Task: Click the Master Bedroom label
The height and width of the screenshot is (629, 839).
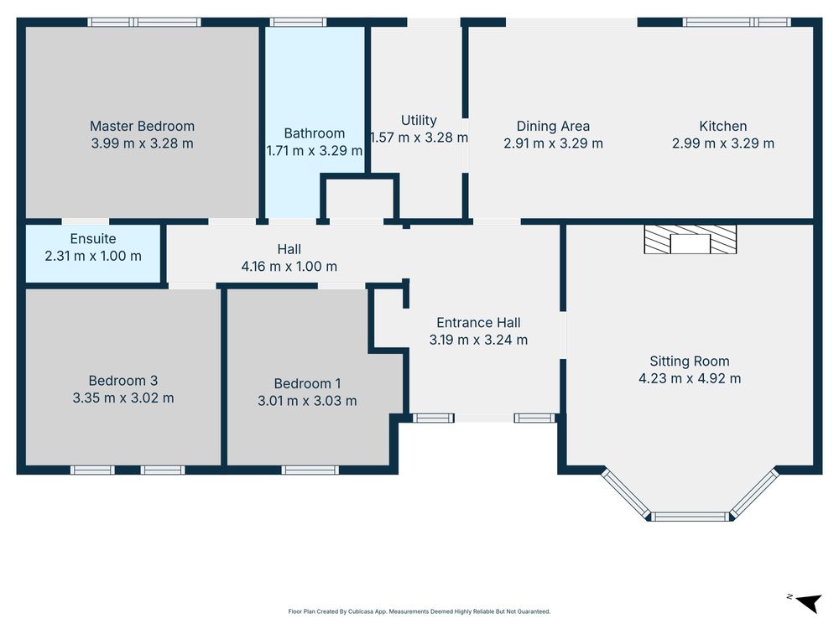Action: pos(142,127)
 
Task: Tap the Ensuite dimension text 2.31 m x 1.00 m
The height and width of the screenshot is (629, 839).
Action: pos(93,256)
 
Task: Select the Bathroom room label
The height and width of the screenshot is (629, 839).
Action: pos(314,133)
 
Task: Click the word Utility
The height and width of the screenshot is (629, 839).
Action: pos(419,120)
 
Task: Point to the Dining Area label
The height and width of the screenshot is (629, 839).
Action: pos(553,127)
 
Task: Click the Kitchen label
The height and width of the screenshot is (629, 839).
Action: pos(723,127)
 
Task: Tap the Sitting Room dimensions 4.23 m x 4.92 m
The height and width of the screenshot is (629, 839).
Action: pos(690,379)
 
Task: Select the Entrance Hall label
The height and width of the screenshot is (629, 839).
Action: pos(478,323)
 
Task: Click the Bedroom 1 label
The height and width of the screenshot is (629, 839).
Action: pos(307,383)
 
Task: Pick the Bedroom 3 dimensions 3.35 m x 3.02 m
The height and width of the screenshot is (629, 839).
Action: pos(123,398)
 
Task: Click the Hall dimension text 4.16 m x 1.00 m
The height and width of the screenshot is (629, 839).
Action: pos(289,267)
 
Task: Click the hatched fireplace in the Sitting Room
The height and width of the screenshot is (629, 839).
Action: pos(690,239)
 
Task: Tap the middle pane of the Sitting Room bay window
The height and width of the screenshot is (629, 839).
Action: pos(690,516)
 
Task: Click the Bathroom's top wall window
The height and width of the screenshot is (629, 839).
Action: pos(298,23)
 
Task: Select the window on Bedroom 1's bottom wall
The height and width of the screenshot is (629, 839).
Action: pos(310,470)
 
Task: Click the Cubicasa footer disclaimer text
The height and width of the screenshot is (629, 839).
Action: pos(419,611)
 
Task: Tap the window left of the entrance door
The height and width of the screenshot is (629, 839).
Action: pos(433,418)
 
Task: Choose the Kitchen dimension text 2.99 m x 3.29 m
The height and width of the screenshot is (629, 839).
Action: pos(723,143)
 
